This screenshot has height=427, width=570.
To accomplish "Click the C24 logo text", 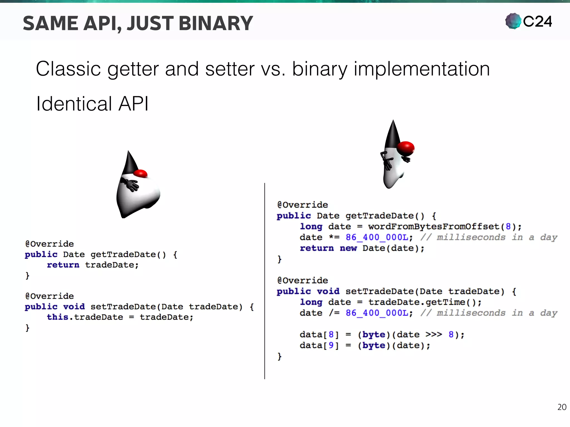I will coord(537,22).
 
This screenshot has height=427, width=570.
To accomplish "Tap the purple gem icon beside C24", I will coord(513,21).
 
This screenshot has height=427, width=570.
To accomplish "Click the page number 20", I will coord(562,407).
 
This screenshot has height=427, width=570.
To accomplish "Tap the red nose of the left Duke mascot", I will coord(141,173).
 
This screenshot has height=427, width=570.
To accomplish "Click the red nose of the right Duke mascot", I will coord(406,148).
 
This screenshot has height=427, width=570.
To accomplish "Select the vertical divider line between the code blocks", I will coord(265,281).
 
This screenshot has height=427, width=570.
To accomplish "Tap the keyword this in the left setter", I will coord(57,317).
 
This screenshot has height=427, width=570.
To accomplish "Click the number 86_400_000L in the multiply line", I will coord(377,237).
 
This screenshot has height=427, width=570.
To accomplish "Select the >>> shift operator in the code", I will coord(434,334).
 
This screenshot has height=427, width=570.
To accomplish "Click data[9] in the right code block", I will coord(319,346).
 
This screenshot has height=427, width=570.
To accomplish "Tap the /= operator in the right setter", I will coord(334,313).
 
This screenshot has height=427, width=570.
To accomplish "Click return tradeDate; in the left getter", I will coord(92,265).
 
